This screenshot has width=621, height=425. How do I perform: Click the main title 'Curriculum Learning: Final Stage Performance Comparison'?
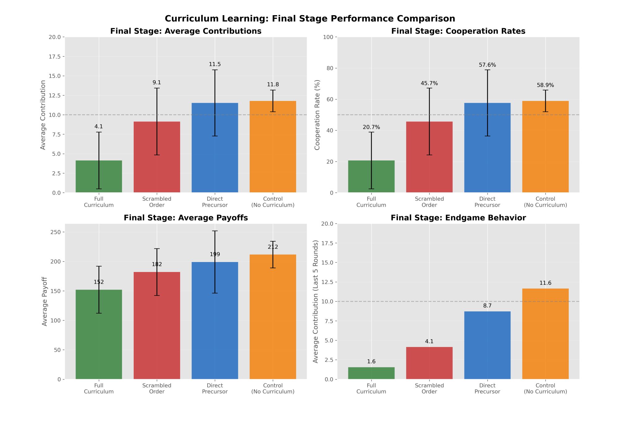pyautogui.click(x=310, y=19)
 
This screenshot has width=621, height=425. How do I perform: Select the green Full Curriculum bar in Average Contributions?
pyautogui.click(x=99, y=177)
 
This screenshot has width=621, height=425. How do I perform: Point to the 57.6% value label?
pyautogui.click(x=487, y=65)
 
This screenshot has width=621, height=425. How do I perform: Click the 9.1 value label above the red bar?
pyautogui.click(x=157, y=83)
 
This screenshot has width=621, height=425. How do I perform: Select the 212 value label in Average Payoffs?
pyautogui.click(x=273, y=247)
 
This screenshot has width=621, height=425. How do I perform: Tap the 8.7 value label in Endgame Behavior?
pyautogui.click(x=487, y=306)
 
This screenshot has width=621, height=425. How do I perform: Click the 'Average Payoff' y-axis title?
pyautogui.click(x=45, y=301)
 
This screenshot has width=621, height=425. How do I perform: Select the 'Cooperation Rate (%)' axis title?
pyautogui.click(x=317, y=115)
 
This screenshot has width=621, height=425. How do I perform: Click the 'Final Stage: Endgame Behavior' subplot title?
pyautogui.click(x=458, y=218)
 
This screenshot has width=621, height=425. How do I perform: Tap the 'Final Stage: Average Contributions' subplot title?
pyautogui.click(x=186, y=31)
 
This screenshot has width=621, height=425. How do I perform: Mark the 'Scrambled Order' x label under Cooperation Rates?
pyautogui.click(x=429, y=202)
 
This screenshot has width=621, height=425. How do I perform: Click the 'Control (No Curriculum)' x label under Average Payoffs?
pyautogui.click(x=273, y=388)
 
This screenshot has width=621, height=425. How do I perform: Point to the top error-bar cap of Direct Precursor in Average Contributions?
pyautogui.click(x=215, y=70)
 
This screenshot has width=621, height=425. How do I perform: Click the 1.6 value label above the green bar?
pyautogui.click(x=371, y=361)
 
